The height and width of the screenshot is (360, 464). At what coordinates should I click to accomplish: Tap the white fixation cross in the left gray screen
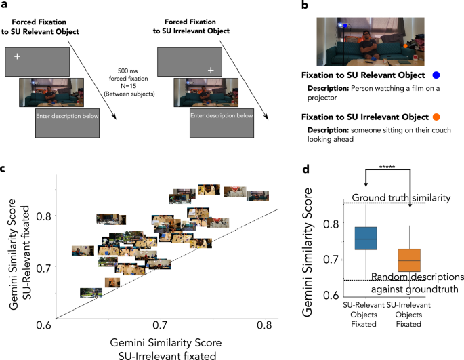pyautogui.click(x=16, y=55)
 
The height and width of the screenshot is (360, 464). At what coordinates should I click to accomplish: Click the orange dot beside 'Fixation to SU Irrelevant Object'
pyautogui.click(x=436, y=117)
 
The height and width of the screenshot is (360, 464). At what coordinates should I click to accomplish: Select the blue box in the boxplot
pyautogui.click(x=365, y=239)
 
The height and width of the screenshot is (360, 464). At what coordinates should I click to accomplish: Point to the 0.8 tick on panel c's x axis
pyautogui.click(x=263, y=326)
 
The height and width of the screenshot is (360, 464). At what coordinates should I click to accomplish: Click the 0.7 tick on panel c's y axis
pyautogui.click(x=44, y=268)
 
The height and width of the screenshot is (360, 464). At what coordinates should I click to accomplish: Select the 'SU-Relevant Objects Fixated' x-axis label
pyautogui.click(x=365, y=315)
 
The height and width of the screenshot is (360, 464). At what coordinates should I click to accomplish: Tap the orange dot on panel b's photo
pyautogui.click(x=405, y=46)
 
